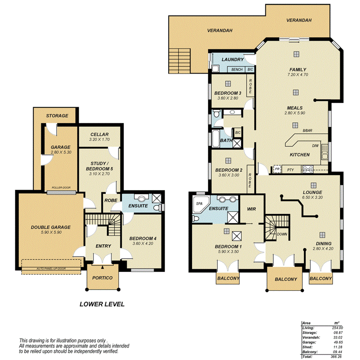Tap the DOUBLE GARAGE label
[51, 227]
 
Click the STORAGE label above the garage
[57, 115]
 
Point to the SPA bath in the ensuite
[200, 203]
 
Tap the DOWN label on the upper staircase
[282, 234]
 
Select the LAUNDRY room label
[233, 59]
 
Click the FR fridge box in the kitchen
[277, 169]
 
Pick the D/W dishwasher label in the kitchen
[316, 146]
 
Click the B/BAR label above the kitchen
[307, 131]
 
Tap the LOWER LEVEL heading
[102, 304]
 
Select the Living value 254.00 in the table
[338, 328]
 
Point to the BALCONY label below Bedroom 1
[228, 278]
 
